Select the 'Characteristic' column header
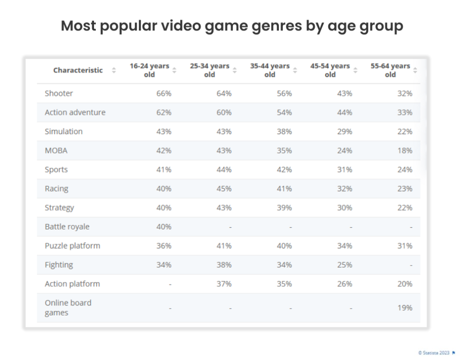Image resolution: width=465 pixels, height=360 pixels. [x=78, y=70]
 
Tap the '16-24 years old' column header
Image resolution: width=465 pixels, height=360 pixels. [x=149, y=70]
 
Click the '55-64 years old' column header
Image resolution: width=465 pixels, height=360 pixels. [x=390, y=70]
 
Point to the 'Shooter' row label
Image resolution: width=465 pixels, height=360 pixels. [x=59, y=93]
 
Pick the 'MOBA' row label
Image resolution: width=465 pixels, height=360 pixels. [x=56, y=150]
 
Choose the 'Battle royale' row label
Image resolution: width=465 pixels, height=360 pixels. [x=67, y=226]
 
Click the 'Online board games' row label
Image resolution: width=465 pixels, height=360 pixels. [x=68, y=307]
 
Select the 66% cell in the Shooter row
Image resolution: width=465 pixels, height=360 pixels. [x=163, y=93]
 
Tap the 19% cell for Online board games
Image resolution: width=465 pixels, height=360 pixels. [x=405, y=308]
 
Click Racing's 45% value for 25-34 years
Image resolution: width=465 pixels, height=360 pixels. [x=224, y=189]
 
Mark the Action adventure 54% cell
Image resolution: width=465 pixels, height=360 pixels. [x=284, y=112]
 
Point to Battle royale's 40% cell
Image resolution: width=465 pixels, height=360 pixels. [x=163, y=227]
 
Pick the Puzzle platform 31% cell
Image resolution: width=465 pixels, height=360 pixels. [x=405, y=246]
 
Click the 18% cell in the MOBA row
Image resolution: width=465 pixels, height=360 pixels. [x=405, y=150]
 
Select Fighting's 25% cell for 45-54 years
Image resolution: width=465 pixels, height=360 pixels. [x=344, y=265]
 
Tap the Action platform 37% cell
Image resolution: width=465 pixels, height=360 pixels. [x=224, y=284]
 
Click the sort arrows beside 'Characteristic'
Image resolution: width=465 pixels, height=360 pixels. [x=114, y=70]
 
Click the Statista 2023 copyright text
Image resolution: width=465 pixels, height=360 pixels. [x=434, y=352]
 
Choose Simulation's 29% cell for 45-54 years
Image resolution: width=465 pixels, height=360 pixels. [x=344, y=131]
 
